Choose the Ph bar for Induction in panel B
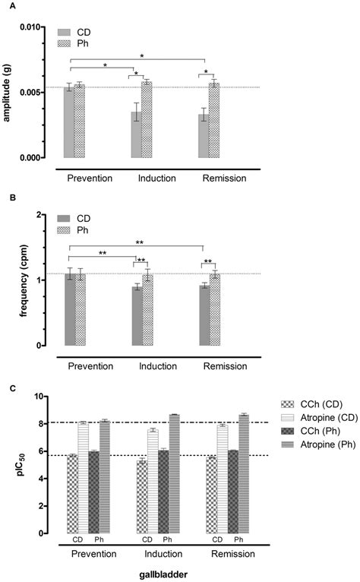147,310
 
